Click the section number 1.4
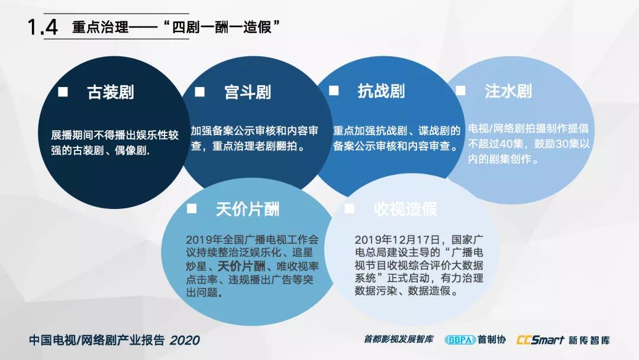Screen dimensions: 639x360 click(x=43, y=27)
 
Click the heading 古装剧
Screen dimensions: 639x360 click(x=111, y=92)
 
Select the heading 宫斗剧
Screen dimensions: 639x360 click(x=248, y=92)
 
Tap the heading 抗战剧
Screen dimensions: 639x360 click(x=381, y=91)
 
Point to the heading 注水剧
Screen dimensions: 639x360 click(x=508, y=91)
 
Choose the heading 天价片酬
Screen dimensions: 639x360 click(x=247, y=209)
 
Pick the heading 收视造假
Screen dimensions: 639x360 click(x=405, y=209)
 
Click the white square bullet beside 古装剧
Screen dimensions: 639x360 click(x=63, y=92)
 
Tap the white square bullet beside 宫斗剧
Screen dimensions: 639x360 click(x=200, y=92)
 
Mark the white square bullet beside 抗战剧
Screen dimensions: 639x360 click(x=334, y=90)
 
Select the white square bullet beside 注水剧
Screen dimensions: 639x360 click(x=460, y=90)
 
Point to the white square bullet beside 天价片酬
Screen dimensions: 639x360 click(x=192, y=208)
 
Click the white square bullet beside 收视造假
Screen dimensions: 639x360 click(x=349, y=208)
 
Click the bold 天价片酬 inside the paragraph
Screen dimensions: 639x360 click(x=241, y=266)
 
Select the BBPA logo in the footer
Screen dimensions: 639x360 click(x=460, y=340)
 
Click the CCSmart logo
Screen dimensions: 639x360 click(x=540, y=340)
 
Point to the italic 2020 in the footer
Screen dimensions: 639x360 click(x=185, y=340)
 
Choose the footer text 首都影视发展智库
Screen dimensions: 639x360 click(x=399, y=339)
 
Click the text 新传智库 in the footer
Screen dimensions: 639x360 click(x=589, y=340)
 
